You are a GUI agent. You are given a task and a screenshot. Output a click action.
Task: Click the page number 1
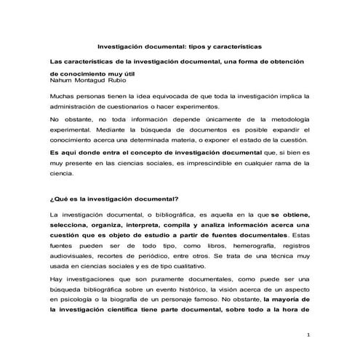(x=308, y=335)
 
